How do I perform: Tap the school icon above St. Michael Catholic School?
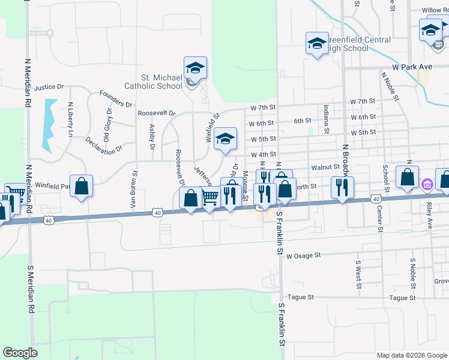[195, 69]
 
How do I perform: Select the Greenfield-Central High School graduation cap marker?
[317, 44]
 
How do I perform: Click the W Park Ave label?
[413, 68]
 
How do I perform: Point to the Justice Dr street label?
[49, 87]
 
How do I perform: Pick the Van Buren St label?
[134, 191]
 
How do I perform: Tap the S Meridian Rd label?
[28, 289]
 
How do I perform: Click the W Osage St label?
[304, 256]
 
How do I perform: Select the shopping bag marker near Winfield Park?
[82, 185]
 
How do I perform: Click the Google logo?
[20, 353]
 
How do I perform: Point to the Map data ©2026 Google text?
[412, 355]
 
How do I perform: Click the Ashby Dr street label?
[152, 137]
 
